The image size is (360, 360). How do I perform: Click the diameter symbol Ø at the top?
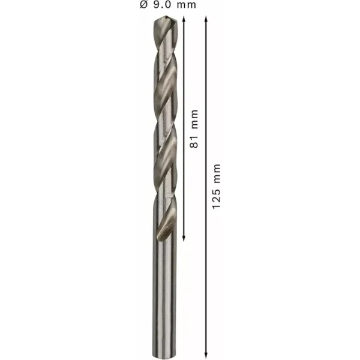point(143,5)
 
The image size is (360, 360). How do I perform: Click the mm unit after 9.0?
point(187,5)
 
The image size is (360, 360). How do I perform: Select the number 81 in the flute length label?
point(194,142)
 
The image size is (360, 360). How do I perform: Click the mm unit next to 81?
point(194,119)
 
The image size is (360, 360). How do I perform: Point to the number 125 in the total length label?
point(216,199)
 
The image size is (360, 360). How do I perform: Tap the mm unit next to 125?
point(217,173)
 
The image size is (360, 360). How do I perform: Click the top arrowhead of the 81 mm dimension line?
point(184,19)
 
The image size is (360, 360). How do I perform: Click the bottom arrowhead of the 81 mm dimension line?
point(184,239)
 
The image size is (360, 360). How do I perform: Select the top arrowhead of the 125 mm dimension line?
point(206,19)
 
